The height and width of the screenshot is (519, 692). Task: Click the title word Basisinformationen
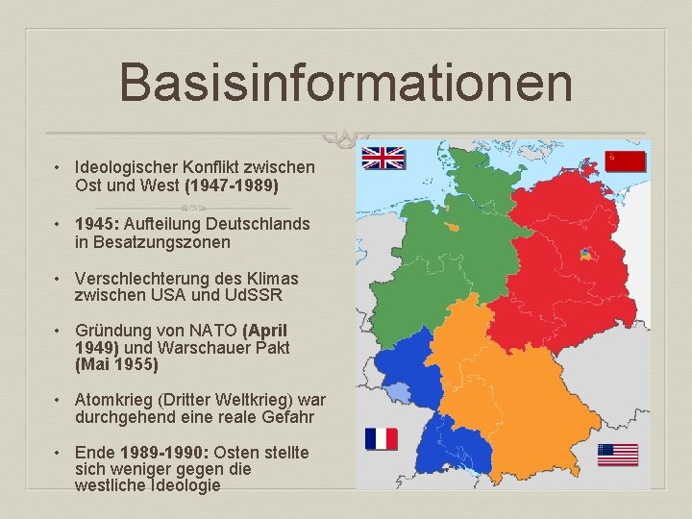[x=346, y=83]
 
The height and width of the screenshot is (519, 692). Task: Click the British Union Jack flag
[x=383, y=158]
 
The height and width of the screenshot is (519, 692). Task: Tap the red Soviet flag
[x=626, y=161]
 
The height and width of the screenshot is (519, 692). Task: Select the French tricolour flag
[x=382, y=439]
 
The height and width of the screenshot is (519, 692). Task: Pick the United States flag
[x=617, y=454]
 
